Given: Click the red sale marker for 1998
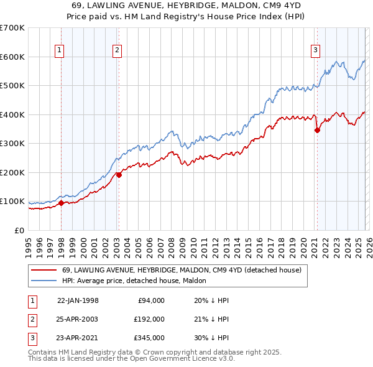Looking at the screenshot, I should (x=61, y=203).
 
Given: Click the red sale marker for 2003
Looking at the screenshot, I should (x=119, y=175).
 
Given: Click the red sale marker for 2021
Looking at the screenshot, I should (x=317, y=130).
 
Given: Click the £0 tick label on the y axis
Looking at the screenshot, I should (x=19, y=230).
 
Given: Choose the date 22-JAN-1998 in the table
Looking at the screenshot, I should (x=78, y=300).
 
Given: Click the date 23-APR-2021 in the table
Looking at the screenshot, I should (x=78, y=338).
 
